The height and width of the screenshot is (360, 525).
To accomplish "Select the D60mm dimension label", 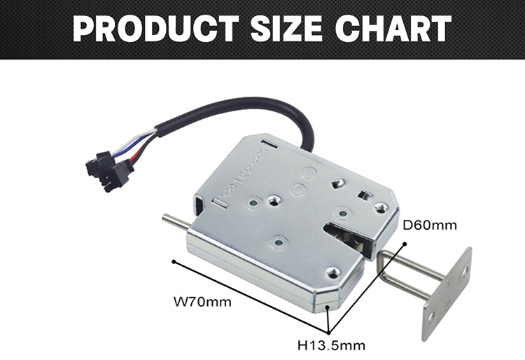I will click(x=429, y=225).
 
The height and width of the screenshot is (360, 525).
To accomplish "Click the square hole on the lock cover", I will click(x=363, y=194).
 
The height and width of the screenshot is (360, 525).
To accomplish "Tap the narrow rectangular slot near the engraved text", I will click(x=219, y=202).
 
